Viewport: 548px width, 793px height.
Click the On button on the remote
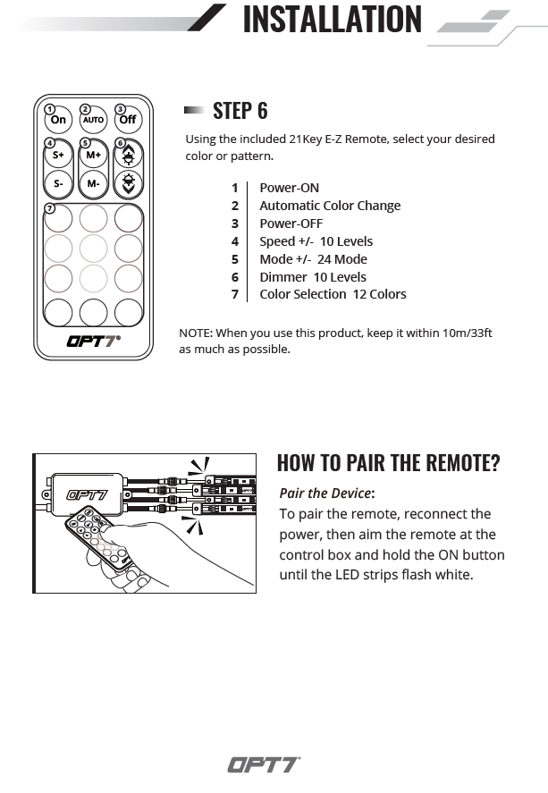58,119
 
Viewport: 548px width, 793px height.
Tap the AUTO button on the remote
93,119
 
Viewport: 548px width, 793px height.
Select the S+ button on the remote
58,155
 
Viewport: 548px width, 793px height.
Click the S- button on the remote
58,184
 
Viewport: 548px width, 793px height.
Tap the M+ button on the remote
93,155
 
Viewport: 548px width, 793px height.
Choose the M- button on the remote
93,184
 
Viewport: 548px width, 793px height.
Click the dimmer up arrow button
129,155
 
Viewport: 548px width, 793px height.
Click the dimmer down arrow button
129,184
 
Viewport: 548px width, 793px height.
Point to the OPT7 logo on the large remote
93,340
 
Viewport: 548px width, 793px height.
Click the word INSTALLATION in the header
332,19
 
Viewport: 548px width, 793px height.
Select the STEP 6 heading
240,111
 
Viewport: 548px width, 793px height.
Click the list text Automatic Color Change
330,206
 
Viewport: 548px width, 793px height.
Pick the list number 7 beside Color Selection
235,294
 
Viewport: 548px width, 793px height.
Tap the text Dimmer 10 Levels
313,277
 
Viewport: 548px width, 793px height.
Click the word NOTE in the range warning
195,333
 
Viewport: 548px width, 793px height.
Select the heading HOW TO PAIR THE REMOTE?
388,463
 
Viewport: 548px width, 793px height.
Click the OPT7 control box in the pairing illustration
88,493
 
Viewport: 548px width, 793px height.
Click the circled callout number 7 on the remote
50,208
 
